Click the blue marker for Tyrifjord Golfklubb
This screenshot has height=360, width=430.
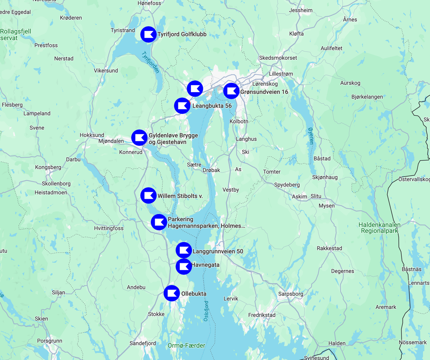(x=149, y=34)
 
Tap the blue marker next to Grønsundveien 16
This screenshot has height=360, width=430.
(x=231, y=91)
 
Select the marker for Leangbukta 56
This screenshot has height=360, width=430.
(x=182, y=105)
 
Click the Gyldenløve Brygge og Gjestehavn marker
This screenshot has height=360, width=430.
(x=139, y=138)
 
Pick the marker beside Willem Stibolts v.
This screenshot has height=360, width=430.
(x=148, y=195)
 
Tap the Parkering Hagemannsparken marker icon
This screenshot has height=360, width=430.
(x=159, y=222)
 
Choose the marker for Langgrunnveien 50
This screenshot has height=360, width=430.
(x=184, y=250)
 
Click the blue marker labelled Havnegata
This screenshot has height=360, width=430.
(x=184, y=266)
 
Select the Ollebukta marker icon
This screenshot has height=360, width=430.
(x=172, y=293)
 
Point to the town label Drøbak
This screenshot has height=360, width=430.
(x=211, y=170)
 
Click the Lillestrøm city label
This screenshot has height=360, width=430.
(x=281, y=74)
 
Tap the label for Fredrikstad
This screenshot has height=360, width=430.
(x=262, y=315)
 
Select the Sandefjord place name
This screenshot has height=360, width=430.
(x=143, y=343)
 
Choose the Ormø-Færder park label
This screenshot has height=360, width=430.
(x=187, y=345)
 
